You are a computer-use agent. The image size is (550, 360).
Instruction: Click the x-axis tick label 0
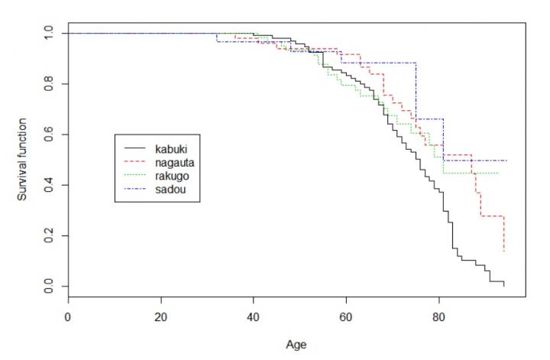point(68,316)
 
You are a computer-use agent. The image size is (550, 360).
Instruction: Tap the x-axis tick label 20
point(160,316)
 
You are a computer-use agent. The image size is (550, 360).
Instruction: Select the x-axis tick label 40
point(253,316)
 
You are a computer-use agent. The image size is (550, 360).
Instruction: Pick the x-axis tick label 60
point(345,316)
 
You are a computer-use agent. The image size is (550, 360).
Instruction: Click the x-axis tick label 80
point(438,316)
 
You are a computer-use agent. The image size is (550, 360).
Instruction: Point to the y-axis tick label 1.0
point(49,33)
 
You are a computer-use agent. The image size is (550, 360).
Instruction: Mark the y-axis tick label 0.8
point(49,83)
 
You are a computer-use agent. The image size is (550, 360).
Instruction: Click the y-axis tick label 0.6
point(49,135)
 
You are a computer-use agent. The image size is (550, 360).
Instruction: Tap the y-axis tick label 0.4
point(49,185)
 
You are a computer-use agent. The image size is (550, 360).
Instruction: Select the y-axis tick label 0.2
point(49,236)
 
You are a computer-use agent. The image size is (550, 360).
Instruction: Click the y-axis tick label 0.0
point(49,287)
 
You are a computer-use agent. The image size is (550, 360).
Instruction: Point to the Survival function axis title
point(23,160)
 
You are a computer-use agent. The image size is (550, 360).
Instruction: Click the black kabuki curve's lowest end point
point(504,287)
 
